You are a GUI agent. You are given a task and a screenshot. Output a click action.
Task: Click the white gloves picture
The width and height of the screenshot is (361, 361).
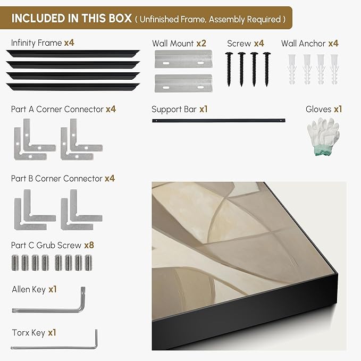pyautogui.click(x=323, y=136)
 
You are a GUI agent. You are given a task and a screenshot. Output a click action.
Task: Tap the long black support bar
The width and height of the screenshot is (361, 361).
pyautogui.click(x=219, y=120)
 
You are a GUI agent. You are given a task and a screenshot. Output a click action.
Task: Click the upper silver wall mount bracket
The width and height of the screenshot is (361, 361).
pyautogui.click(x=183, y=59)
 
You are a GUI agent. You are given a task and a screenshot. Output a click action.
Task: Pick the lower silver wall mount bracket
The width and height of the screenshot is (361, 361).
pyautogui.click(x=183, y=83)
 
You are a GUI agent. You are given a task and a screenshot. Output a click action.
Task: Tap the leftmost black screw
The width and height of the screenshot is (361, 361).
pyautogui.click(x=229, y=69)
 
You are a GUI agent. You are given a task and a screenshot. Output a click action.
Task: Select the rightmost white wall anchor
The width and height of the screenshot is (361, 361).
pyautogui.click(x=334, y=69)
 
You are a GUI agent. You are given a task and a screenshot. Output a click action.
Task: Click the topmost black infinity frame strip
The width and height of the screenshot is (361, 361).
pyautogui.click(x=73, y=53)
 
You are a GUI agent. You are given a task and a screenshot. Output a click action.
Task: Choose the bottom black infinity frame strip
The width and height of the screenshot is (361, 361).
pyautogui.click(x=73, y=87)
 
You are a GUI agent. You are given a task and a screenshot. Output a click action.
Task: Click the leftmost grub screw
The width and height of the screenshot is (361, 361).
pyautogui.click(x=15, y=263)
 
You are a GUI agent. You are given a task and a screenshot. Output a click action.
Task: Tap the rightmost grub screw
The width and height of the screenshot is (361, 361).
pyautogui.click(x=88, y=263)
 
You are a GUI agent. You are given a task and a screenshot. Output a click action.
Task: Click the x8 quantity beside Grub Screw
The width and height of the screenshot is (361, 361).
pyautogui.click(x=89, y=245)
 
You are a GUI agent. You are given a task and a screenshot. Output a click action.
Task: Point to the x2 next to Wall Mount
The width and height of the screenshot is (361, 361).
pyautogui.click(x=201, y=43)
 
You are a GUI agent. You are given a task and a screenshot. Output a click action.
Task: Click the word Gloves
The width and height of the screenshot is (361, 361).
pyautogui.click(x=318, y=109)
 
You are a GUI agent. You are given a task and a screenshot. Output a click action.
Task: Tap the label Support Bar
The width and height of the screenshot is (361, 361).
pyautogui.click(x=174, y=110)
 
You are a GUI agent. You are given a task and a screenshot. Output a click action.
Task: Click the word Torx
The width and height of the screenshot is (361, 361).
pyautogui.click(x=21, y=333)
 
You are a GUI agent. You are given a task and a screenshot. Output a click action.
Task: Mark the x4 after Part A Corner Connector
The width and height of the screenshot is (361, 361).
pyautogui.click(x=111, y=109)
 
